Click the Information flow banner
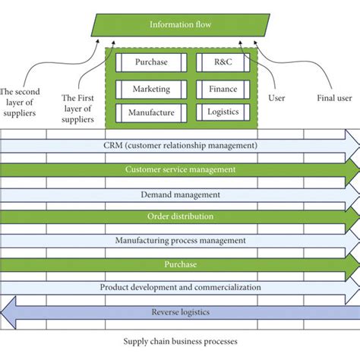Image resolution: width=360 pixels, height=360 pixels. tap(180, 24)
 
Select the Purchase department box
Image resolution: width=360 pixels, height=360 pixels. tap(150, 62)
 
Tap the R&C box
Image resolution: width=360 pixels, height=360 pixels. tap(223, 62)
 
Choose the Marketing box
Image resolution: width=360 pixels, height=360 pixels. tap(150, 88)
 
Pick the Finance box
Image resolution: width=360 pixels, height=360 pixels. tap(223, 88)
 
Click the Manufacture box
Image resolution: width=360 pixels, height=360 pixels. tap(150, 113)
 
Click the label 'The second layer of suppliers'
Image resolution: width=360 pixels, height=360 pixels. tap(22, 97)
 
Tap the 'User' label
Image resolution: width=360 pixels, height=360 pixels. tap(277, 98)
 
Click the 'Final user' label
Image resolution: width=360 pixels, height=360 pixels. tap(334, 98)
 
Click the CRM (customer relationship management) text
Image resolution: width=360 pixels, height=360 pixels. tap(180, 144)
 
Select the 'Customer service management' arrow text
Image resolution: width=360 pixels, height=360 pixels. tap(180, 169)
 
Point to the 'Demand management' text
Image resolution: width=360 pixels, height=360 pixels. tap(180, 194)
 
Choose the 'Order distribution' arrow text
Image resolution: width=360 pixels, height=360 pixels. tap(180, 216)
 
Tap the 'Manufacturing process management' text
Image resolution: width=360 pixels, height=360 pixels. tap(180, 241)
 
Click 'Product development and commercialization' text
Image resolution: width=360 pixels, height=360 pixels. tap(180, 288)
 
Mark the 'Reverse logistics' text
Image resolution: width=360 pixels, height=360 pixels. tap(180, 311)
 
